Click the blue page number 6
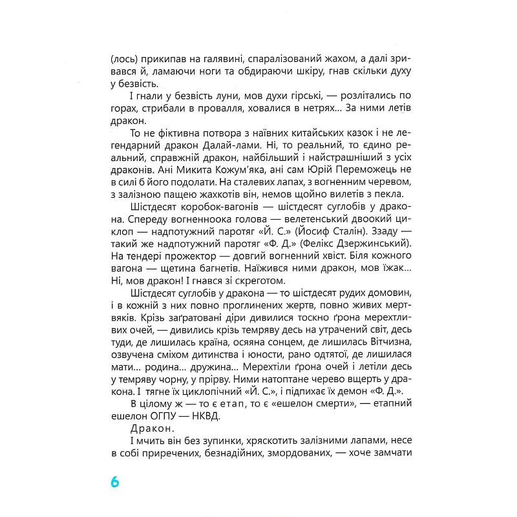[x=115, y=482]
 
